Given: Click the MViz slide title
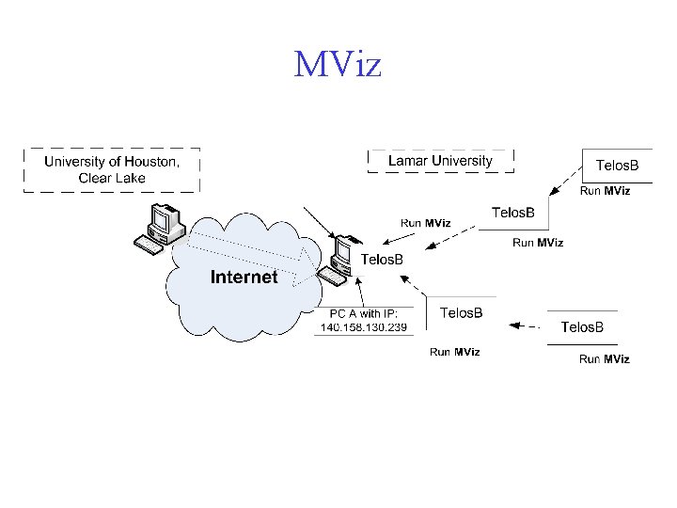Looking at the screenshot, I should [x=338, y=66].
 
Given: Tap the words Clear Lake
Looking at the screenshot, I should [x=112, y=178].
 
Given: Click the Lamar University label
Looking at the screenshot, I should [x=440, y=161].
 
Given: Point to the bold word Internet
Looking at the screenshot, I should [x=244, y=277].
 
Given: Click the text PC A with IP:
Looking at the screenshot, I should [x=363, y=313].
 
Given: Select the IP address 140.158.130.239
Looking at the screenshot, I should [x=364, y=327].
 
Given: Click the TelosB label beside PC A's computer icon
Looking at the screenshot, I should [x=383, y=259].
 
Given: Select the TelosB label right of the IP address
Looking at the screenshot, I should [x=462, y=312].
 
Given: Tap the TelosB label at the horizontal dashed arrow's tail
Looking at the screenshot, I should [x=582, y=326].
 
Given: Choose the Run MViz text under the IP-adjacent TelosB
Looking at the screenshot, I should [x=455, y=352].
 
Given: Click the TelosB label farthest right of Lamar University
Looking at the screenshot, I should [x=618, y=166].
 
